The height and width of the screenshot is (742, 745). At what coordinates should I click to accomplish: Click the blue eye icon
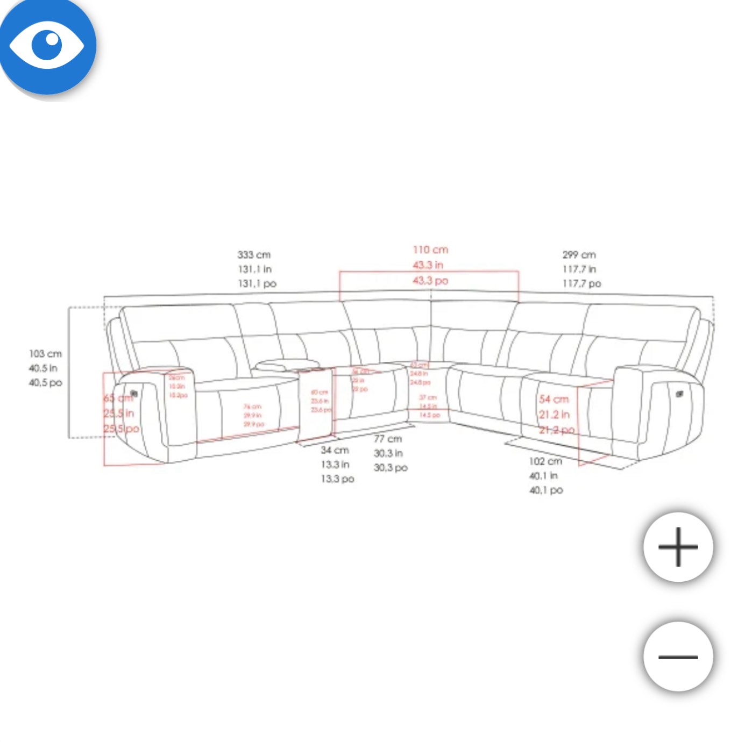tap(47, 45)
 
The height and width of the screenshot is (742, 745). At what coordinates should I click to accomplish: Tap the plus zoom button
tap(678, 547)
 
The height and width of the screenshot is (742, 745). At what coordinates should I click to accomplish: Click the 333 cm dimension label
tap(254, 255)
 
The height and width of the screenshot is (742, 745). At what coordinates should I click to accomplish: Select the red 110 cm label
tap(430, 250)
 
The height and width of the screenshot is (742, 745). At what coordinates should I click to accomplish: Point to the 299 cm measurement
tap(579, 255)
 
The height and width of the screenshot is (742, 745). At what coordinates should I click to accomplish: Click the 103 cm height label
tap(45, 354)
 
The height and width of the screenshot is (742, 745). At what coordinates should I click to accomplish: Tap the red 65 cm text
tap(117, 398)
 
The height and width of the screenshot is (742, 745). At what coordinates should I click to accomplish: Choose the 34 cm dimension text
tap(335, 450)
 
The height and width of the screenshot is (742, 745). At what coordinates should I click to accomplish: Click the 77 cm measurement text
tap(388, 439)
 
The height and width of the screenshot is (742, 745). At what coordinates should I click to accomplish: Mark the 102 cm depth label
tap(545, 461)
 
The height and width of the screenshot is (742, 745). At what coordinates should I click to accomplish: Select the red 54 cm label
tap(554, 399)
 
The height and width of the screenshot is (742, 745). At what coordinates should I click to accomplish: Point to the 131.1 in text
tap(254, 269)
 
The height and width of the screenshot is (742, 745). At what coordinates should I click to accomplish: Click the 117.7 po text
tap(581, 283)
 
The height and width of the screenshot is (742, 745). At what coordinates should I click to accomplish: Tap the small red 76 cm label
tap(252, 407)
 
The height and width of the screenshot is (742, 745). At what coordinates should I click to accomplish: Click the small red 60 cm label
tap(319, 393)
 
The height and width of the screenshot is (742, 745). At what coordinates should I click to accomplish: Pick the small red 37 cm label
tap(428, 398)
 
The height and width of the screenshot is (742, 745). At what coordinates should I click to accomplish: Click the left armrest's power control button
tap(134, 394)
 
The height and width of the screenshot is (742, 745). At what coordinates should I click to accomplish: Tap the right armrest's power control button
tap(679, 395)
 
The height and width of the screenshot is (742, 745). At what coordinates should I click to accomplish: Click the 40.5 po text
tap(45, 383)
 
